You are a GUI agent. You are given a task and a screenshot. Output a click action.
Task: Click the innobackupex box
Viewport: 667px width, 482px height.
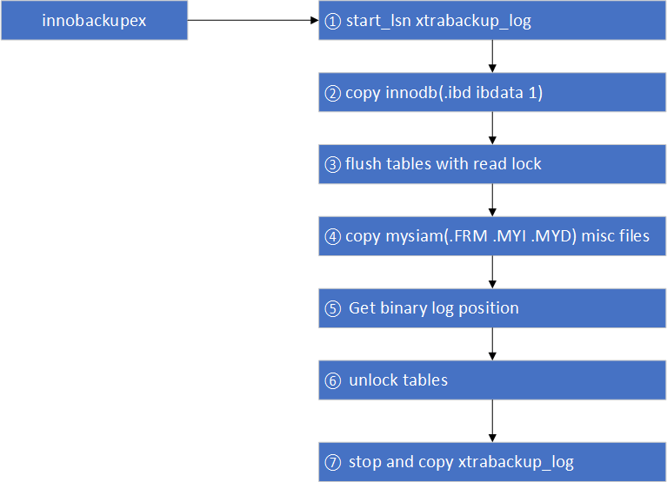(94, 21)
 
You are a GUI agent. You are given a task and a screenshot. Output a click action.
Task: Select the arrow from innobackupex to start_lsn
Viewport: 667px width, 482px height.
(253, 21)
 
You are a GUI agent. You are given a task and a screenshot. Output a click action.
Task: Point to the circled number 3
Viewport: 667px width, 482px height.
(331, 165)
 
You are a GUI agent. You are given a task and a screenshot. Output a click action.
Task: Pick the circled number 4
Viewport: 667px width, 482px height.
(331, 236)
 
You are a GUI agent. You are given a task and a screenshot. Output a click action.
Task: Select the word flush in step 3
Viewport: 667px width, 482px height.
(364, 165)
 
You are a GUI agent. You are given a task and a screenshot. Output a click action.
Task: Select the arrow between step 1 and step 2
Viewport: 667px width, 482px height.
(493, 57)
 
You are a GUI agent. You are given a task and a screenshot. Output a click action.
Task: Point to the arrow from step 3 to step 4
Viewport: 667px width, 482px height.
(493, 201)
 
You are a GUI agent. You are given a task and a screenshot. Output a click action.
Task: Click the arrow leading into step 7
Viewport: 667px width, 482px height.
(493, 420)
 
